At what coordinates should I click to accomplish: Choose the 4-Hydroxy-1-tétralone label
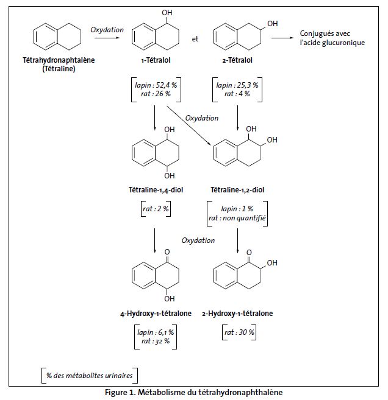tap(156, 314)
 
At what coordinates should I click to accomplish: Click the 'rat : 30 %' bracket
tap(238, 332)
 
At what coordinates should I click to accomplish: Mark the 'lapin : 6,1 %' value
tap(156, 332)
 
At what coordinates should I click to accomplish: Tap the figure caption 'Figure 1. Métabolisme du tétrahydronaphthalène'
tap(194, 392)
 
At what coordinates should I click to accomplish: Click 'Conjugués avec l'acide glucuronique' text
tap(332, 38)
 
